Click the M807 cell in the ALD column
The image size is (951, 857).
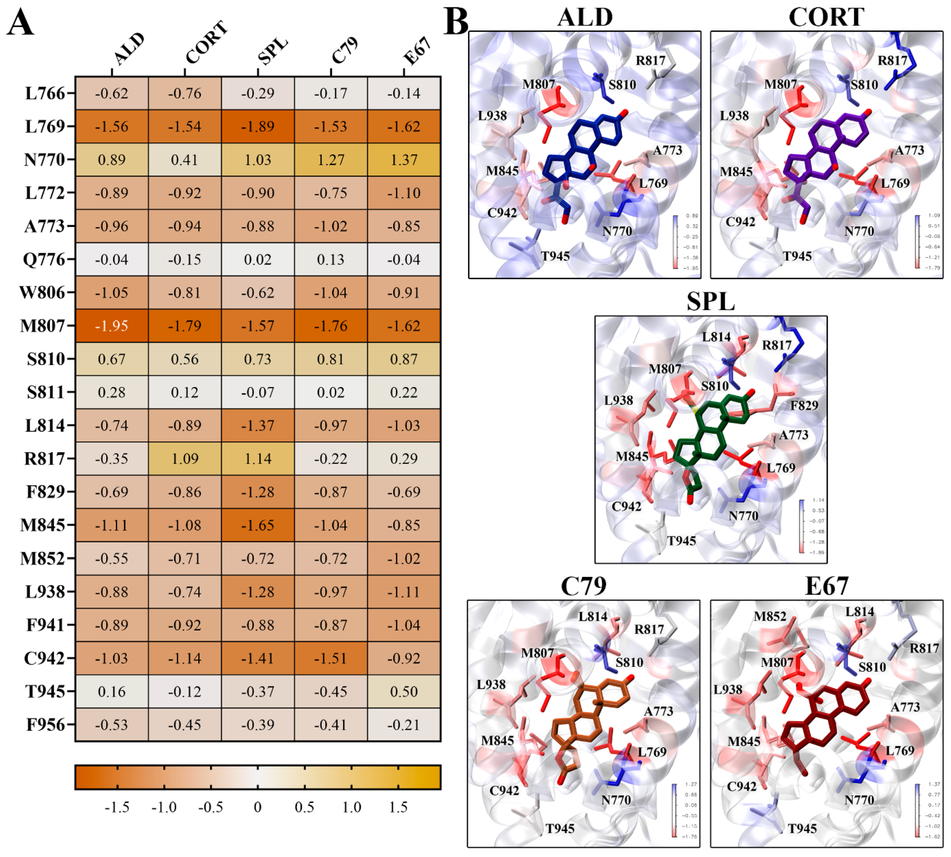pyautogui.click(x=112, y=326)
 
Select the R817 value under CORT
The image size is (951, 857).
pyautogui.click(x=185, y=459)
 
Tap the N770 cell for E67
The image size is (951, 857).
pyautogui.click(x=404, y=160)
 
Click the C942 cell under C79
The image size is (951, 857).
pyautogui.click(x=331, y=658)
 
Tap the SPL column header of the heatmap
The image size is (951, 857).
pyautogui.click(x=272, y=51)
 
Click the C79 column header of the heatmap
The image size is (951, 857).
pyautogui.click(x=345, y=51)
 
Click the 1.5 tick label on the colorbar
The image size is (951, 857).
pyautogui.click(x=398, y=808)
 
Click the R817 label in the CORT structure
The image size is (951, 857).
pyautogui.click(x=892, y=61)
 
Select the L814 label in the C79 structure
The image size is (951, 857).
pyautogui.click(x=592, y=616)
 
